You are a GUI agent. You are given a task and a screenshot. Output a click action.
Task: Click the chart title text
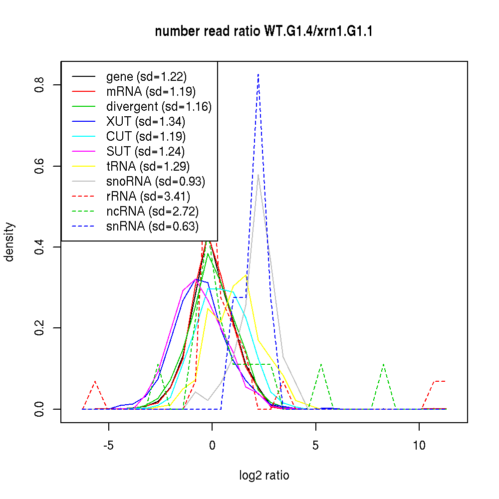pyautogui.click(x=264, y=32)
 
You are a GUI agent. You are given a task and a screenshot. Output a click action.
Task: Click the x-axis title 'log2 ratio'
pyautogui.click(x=264, y=475)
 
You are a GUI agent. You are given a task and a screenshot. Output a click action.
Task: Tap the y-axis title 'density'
pyautogui.click(x=9, y=242)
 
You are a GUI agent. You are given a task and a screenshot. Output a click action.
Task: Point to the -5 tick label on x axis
pyautogui.click(x=108, y=445)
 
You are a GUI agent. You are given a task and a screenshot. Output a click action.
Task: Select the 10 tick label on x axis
pyautogui.click(x=419, y=445)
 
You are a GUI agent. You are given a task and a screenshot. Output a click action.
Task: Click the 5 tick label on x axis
pyautogui.click(x=315, y=445)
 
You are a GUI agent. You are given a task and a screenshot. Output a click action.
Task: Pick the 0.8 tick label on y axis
pyautogui.click(x=40, y=85)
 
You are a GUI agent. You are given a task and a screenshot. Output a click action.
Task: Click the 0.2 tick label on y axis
pyautogui.click(x=40, y=328)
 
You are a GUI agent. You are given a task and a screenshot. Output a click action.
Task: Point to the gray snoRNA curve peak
pyautogui.click(x=258, y=175)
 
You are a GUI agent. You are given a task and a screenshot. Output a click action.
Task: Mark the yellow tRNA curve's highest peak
pyautogui.click(x=246, y=274)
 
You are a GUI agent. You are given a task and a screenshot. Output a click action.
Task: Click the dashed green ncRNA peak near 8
pyautogui.click(x=383, y=364)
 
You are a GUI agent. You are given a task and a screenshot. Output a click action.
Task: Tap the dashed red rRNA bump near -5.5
pyautogui.click(x=95, y=381)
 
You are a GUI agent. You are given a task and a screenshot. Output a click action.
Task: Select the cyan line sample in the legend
pyautogui.click(x=83, y=136)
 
